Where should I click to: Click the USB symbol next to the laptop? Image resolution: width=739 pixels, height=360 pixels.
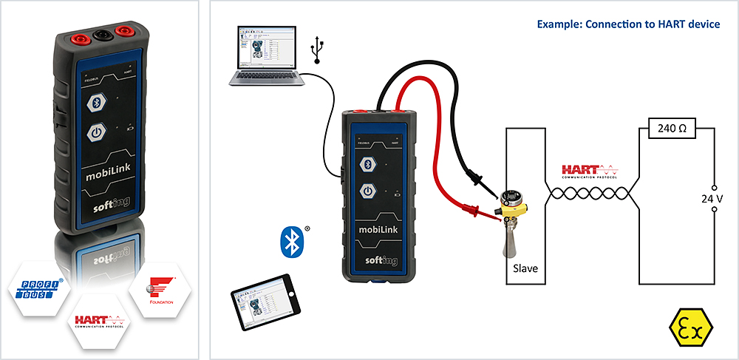tap(317, 50)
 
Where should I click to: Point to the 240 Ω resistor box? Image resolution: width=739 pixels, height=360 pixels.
tap(672, 129)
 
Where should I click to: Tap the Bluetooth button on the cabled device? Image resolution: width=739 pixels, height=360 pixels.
tap(367, 164)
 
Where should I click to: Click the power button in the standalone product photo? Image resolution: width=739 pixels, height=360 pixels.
tap(94, 133)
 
